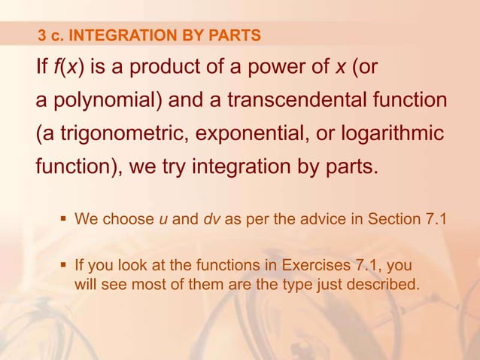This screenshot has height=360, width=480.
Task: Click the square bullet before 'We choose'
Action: (x=63, y=221)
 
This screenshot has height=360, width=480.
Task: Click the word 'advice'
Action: (x=305, y=221)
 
